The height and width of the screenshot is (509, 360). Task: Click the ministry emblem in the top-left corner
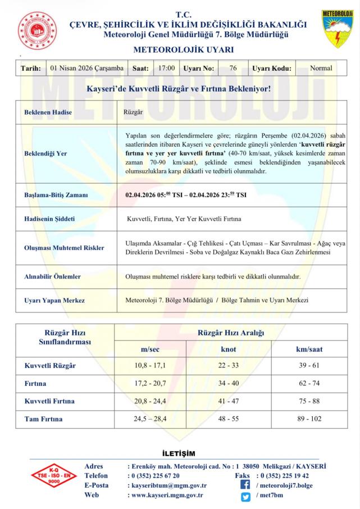pyautogui.click(x=39, y=31)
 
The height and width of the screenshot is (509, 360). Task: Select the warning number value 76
pyautogui.click(x=233, y=69)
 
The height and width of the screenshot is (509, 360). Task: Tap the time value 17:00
pyautogui.click(x=166, y=69)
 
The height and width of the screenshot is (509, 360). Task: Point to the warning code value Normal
pyautogui.click(x=321, y=69)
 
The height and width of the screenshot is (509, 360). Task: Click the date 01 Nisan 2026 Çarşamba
pyautogui.click(x=86, y=69)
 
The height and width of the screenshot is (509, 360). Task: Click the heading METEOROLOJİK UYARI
pyautogui.click(x=183, y=49)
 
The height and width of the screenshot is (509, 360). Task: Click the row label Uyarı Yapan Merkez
pyautogui.click(x=54, y=301)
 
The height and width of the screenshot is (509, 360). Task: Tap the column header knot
pyautogui.click(x=229, y=349)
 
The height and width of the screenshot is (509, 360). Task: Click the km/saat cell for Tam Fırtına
pyautogui.click(x=309, y=419)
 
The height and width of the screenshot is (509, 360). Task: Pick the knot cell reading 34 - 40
pyautogui.click(x=229, y=384)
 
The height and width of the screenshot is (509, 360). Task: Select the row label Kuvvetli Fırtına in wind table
pyautogui.click(x=49, y=402)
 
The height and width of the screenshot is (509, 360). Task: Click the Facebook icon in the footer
pyautogui.click(x=245, y=485)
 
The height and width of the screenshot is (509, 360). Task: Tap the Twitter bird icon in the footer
pyautogui.click(x=245, y=496)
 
